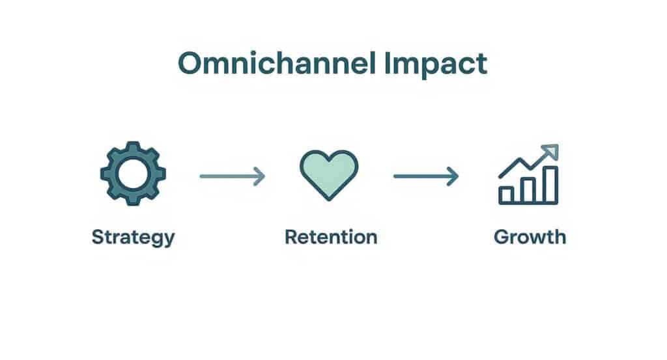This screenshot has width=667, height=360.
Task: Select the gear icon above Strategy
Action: [x=133, y=174]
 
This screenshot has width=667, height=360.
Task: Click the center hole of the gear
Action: [x=133, y=174]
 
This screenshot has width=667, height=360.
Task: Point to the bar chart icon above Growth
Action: [x=528, y=176]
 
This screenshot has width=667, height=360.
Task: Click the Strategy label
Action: [x=133, y=236]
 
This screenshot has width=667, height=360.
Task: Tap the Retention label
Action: [x=331, y=236]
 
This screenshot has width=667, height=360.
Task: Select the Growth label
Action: [x=530, y=236]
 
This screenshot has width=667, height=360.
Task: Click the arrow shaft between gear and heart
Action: [x=228, y=176]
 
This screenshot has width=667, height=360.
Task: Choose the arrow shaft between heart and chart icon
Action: [x=422, y=176]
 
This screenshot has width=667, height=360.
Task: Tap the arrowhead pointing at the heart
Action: [x=260, y=176]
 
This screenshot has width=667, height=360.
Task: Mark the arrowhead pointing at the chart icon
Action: [x=453, y=176]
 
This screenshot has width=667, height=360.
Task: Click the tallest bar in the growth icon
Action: [x=550, y=185]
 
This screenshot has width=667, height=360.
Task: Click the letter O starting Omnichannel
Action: [x=190, y=64]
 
